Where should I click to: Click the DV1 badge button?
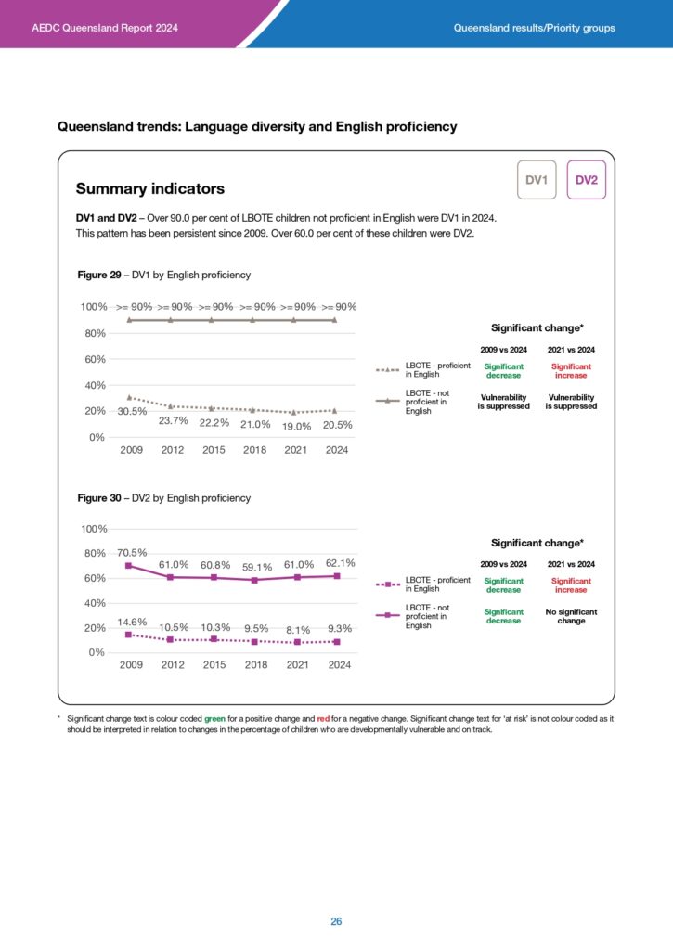click(536, 180)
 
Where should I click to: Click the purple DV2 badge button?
click(586, 180)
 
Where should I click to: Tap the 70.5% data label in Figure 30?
click(131, 552)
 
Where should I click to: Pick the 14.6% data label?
click(131, 622)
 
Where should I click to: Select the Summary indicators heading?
click(149, 189)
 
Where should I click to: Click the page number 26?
click(336, 921)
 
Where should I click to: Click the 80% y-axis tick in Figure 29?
click(95, 333)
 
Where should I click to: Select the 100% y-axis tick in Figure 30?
click(95, 529)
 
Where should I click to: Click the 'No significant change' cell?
click(571, 616)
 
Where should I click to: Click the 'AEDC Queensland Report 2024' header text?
click(105, 28)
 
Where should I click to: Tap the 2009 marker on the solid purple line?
click(128, 566)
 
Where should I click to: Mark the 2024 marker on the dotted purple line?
click(336, 641)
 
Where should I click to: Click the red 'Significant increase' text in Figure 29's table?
click(571, 371)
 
